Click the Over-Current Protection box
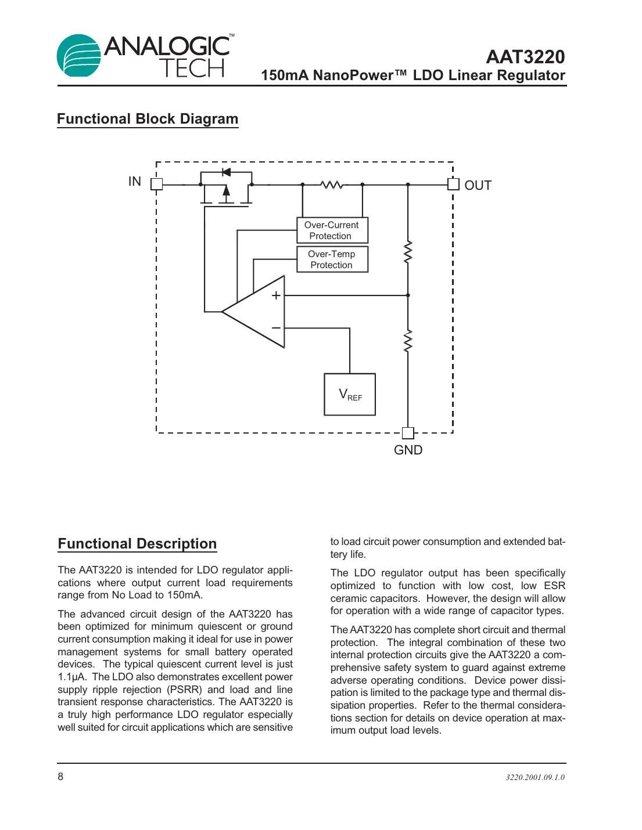pos(332,230)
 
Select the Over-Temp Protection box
pos(332,259)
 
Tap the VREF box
pos(350,395)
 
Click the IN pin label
pos(135,182)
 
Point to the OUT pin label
pos(478,186)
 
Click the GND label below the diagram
pos(408,450)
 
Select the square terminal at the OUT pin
pos(453,185)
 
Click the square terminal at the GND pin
pos(408,433)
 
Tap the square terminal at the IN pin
pos(156,184)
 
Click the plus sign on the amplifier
pos(276,295)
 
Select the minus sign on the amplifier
pos(276,328)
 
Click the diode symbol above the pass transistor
pos(226,172)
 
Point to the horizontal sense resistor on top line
pos(332,185)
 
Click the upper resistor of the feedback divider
pos(408,252)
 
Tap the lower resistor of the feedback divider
pos(408,341)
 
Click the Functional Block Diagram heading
pos(148,119)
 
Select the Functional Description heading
pos(137,544)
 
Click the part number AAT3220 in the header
pos(525,57)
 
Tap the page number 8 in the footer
pos(60,777)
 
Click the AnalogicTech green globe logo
pos(78,56)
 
